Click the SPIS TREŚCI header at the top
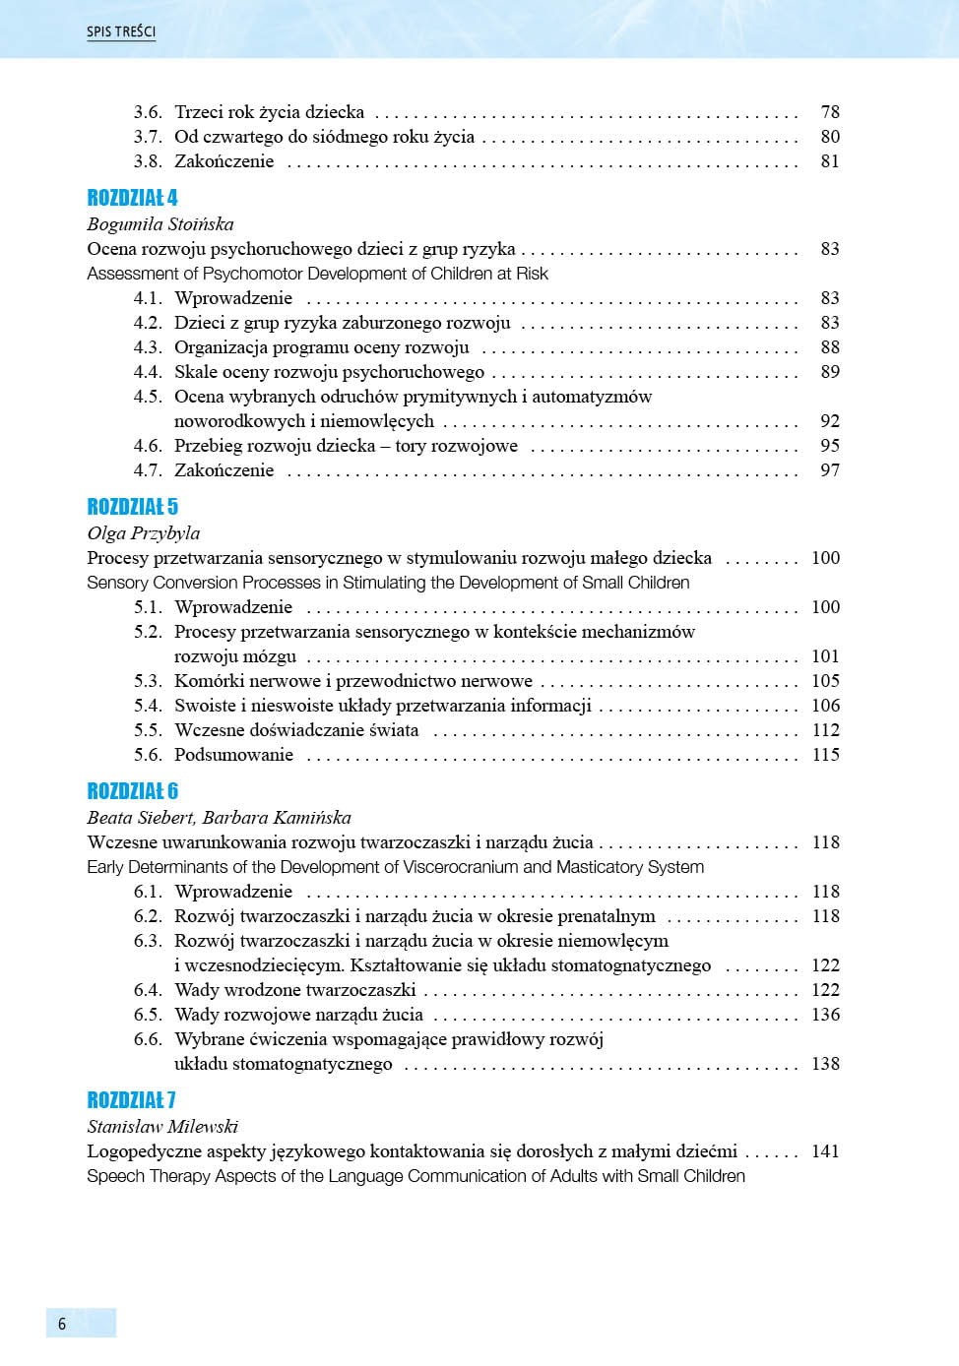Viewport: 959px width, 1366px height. [x=120, y=31]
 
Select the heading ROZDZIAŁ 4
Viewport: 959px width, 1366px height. [x=132, y=198]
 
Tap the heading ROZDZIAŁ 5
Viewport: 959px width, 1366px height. [x=132, y=507]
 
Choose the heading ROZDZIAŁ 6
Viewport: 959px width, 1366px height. [x=132, y=791]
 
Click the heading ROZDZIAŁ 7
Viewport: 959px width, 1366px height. [x=131, y=1100]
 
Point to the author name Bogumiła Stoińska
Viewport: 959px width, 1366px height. [x=160, y=224]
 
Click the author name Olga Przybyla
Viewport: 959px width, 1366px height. [x=144, y=533]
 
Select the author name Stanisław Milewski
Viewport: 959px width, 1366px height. [x=162, y=1127]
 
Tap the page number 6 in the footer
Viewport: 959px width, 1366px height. [x=62, y=1324]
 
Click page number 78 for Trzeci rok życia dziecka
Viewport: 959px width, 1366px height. [x=830, y=112]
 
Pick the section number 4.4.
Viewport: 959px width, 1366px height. [x=148, y=372]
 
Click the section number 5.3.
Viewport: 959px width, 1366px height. [x=148, y=681]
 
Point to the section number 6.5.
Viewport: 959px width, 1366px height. [x=148, y=1015]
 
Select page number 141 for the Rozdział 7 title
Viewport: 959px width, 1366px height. [x=825, y=1151]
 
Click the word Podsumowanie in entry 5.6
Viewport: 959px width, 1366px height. [x=233, y=755]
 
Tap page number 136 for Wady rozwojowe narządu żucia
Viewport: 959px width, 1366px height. [x=825, y=1015]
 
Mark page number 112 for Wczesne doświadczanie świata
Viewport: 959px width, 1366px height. [x=825, y=730]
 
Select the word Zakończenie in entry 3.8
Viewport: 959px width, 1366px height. [x=224, y=161]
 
